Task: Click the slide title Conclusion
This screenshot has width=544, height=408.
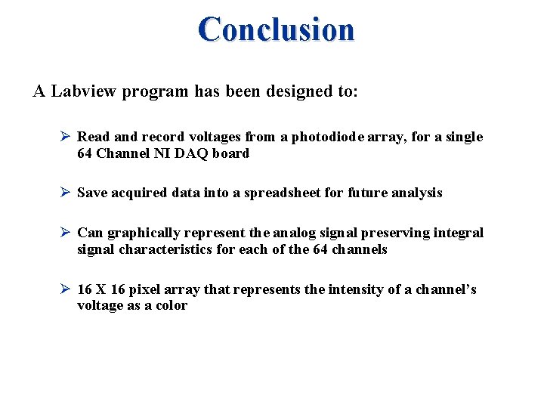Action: [x=276, y=29]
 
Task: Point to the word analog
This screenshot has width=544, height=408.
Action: [x=290, y=233]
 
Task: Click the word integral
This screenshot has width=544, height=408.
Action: [x=458, y=233]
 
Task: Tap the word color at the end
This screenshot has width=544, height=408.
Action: [x=172, y=306]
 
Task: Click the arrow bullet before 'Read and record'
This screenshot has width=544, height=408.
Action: [x=65, y=137]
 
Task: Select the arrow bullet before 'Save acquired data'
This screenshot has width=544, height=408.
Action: [x=65, y=193]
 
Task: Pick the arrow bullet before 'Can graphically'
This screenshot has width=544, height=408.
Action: [x=65, y=233]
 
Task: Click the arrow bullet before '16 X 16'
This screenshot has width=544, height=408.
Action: [x=65, y=289]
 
